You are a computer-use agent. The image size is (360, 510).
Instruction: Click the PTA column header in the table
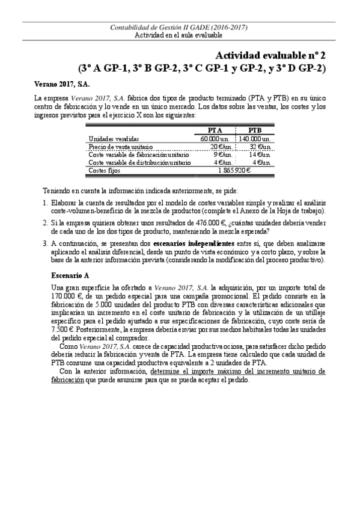(215, 130)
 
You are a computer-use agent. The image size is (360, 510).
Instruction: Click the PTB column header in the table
(255, 130)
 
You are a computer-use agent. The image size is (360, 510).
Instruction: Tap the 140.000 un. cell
(255, 138)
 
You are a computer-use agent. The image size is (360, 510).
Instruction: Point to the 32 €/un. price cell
(260, 146)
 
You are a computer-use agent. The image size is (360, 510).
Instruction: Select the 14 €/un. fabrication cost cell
(260, 154)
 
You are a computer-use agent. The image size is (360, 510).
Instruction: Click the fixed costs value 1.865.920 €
(234, 170)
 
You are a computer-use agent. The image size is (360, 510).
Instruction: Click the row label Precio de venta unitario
(120, 146)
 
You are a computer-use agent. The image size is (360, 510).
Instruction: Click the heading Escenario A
(71, 275)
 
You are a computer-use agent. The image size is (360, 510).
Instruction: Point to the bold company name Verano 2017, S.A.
(58, 83)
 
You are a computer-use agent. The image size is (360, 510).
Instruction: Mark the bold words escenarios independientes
(197, 243)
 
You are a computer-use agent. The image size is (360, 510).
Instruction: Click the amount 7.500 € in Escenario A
(63, 330)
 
